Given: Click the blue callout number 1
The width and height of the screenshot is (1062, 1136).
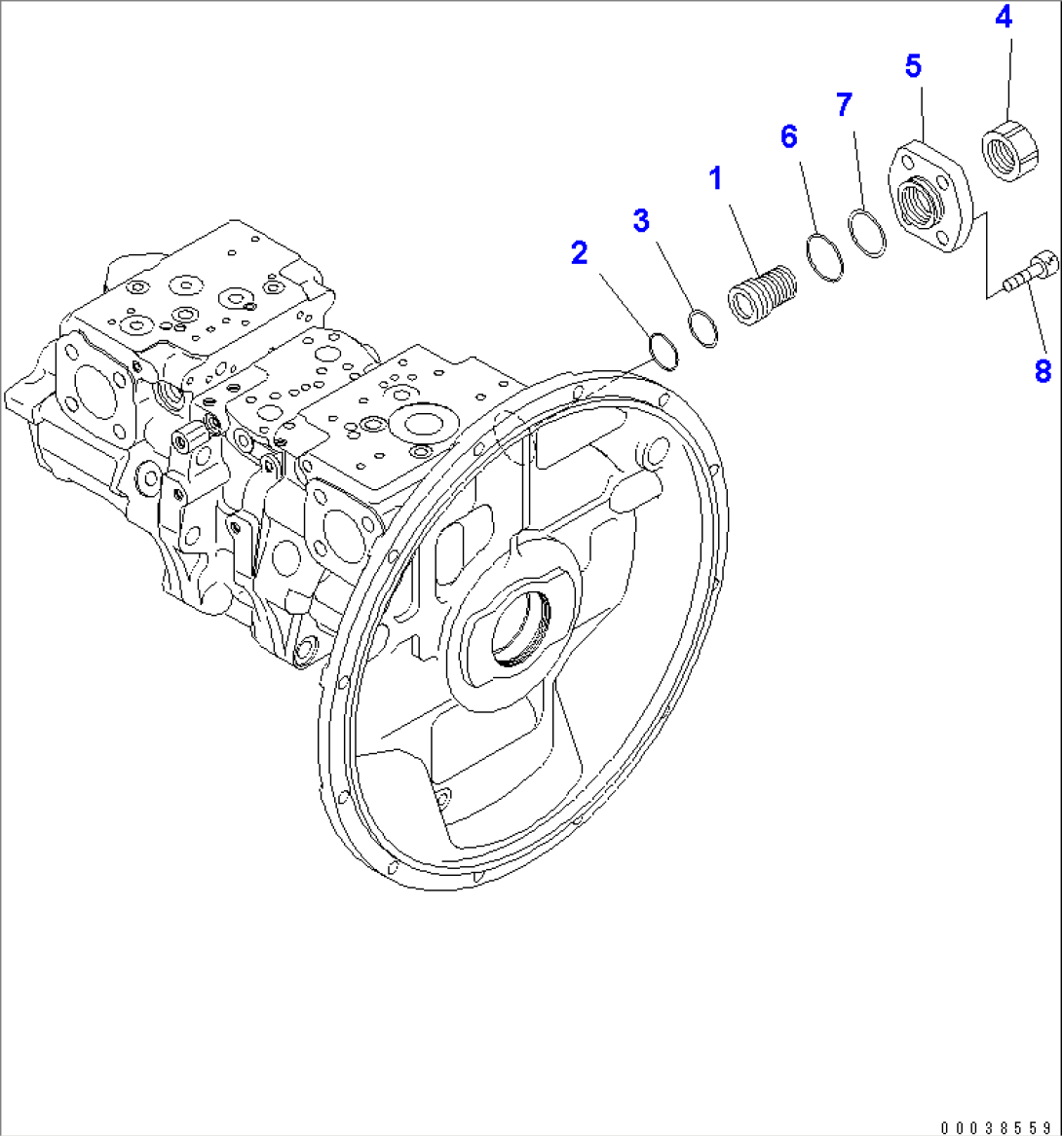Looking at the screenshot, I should (x=715, y=178).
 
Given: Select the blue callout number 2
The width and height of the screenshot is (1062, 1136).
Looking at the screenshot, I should (x=580, y=254).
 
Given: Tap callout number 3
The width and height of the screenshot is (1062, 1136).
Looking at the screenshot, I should (x=641, y=221).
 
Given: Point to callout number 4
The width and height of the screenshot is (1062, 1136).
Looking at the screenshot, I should (x=1004, y=17).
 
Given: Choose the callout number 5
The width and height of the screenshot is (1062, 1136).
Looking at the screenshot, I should (x=913, y=66).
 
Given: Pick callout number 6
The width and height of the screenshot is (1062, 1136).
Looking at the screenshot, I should (x=789, y=136).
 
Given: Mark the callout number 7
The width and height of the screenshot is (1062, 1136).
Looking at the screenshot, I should (x=844, y=103).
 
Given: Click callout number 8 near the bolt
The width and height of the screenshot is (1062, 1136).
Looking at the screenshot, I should (x=1043, y=370).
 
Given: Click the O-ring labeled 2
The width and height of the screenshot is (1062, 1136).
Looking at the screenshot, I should (x=664, y=351).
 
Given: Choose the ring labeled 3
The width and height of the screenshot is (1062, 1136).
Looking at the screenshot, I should (x=703, y=328).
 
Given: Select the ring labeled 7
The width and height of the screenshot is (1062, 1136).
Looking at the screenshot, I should (x=866, y=234).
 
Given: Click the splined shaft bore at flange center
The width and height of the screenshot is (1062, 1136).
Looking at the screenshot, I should (x=519, y=631).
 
